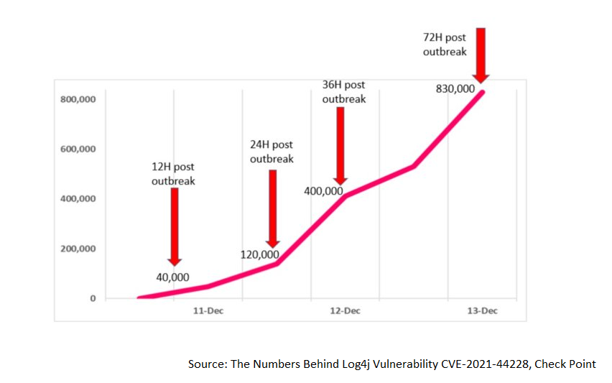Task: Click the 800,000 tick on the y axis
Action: (78, 99)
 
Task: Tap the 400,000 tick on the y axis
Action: (78, 198)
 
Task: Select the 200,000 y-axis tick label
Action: (78, 249)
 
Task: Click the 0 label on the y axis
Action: (93, 298)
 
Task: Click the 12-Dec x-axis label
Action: (345, 310)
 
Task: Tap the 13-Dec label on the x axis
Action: (483, 310)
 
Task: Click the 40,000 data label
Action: (172, 277)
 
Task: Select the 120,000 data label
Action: (259, 254)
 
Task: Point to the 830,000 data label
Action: (455, 89)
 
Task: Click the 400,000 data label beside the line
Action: (323, 191)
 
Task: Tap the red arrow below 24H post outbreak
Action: (272, 208)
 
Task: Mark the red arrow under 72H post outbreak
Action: (481, 54)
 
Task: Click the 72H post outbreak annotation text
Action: (445, 45)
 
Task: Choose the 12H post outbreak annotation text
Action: (173, 175)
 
